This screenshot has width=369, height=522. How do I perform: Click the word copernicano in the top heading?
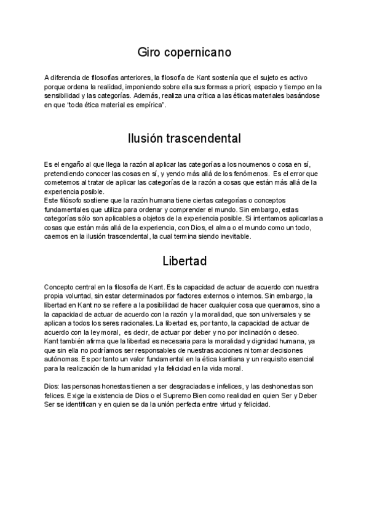[x=197, y=53]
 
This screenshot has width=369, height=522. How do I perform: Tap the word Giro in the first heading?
[x=150, y=52]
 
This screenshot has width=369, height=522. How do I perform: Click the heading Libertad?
[x=184, y=261]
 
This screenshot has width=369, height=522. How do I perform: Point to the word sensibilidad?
[x=62, y=96]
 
